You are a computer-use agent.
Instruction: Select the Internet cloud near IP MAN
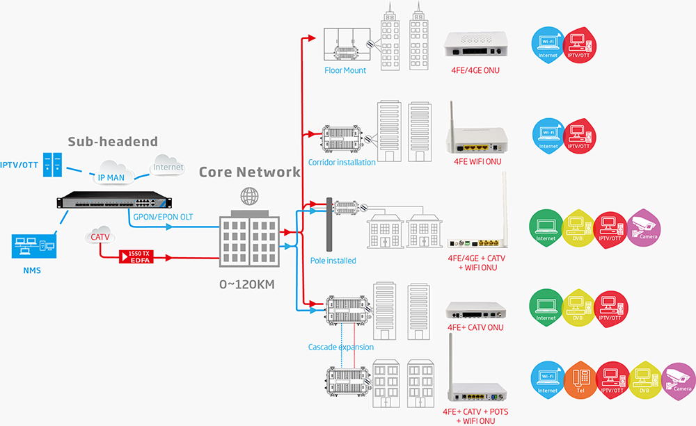click(168, 166)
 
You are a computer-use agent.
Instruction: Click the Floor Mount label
click(345, 70)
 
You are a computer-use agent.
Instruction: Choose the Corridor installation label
click(342, 162)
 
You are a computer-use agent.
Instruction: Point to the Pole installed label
click(333, 261)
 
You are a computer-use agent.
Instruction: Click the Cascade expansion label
click(341, 347)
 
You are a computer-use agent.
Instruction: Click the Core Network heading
click(250, 172)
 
